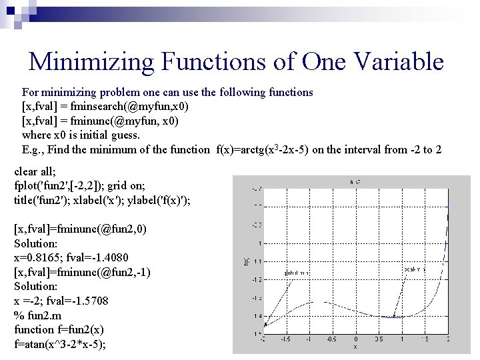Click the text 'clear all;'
[x=35, y=172]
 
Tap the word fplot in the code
[x=26, y=186]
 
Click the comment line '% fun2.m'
[x=37, y=315]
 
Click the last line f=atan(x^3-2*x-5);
[x=60, y=344]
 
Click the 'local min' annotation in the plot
[x=414, y=269]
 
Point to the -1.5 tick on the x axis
[x=285, y=339]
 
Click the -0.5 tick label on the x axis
[x=331, y=339]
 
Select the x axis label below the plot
[x=355, y=347]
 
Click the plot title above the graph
[x=355, y=181]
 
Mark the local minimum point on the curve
[x=394, y=316]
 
